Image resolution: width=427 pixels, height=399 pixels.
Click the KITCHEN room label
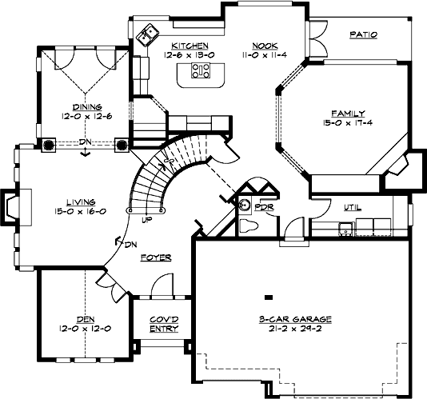click(x=190, y=46)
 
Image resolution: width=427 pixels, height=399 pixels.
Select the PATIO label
click(x=363, y=34)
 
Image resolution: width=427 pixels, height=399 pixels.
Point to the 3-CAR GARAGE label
click(x=295, y=318)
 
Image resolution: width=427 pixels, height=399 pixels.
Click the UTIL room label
click(x=351, y=207)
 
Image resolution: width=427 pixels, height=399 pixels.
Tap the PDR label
click(x=264, y=206)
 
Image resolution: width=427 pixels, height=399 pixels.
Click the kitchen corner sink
click(x=148, y=35)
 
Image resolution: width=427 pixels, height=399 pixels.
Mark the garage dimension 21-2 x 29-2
click(x=295, y=328)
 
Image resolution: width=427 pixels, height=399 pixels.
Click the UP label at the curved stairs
click(x=146, y=218)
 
